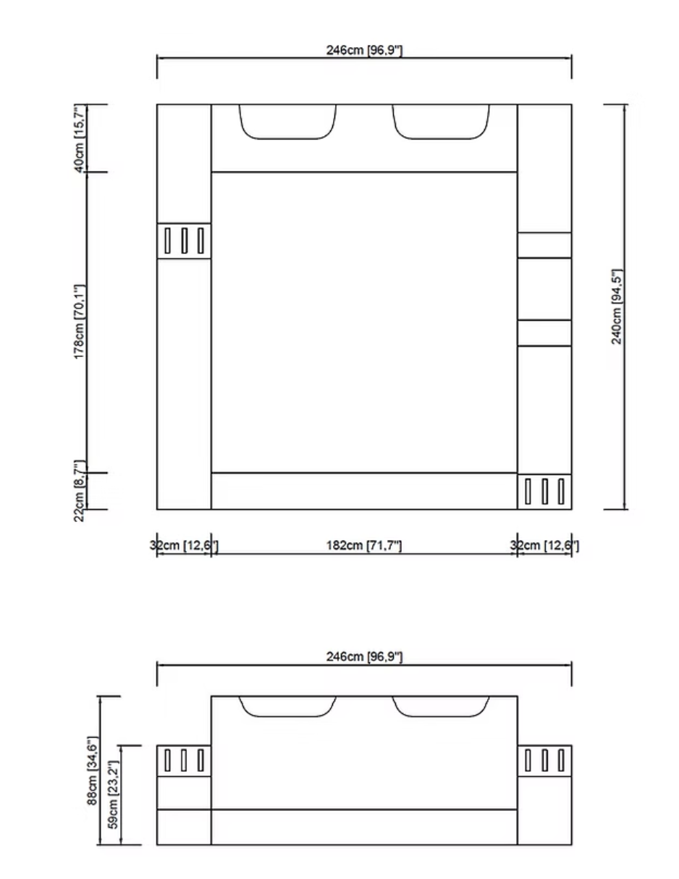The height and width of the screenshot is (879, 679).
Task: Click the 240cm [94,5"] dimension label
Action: pyautogui.click(x=617, y=306)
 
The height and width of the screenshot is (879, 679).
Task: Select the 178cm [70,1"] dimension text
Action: pyautogui.click(x=80, y=321)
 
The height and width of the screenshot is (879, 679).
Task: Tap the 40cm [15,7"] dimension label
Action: pyautogui.click(x=80, y=138)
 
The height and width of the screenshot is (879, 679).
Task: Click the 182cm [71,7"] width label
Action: pyautogui.click(x=364, y=545)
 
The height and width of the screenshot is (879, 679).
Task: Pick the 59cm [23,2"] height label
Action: pyautogui.click(x=112, y=794)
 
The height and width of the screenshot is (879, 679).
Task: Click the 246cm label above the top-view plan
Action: pyautogui.click(x=364, y=50)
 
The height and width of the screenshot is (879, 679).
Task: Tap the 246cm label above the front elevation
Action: pyautogui.click(x=364, y=657)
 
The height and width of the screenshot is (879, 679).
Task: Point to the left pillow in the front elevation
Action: pyautogui.click(x=287, y=706)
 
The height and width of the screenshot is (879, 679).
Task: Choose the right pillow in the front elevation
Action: pyautogui.click(x=441, y=706)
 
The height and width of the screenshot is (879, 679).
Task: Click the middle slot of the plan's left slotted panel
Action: pyautogui.click(x=184, y=240)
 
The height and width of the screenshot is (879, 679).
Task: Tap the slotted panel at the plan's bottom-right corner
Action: pyautogui.click(x=544, y=491)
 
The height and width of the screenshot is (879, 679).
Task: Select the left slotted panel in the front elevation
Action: pyautogui.click(x=184, y=760)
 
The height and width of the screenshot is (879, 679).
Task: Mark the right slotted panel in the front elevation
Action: pyautogui.click(x=544, y=760)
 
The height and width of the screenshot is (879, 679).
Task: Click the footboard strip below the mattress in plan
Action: pyautogui.click(x=364, y=491)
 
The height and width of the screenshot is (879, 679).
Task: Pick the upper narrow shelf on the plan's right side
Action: pyautogui.click(x=544, y=245)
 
